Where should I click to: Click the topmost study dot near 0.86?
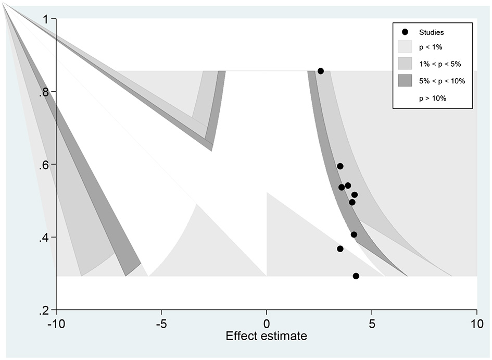(321, 71)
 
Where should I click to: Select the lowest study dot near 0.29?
(356, 276)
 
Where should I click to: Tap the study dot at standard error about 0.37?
(340, 249)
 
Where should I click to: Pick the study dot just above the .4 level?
(354, 234)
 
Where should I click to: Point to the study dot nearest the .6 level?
(340, 166)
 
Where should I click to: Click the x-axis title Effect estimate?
(266, 336)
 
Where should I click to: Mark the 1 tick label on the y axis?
(46, 19)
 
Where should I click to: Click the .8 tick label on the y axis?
(44, 92)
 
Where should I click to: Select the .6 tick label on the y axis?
(44, 165)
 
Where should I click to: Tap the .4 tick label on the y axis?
(44, 238)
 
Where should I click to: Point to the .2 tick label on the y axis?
(44, 311)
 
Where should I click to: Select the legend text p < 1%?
(431, 47)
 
